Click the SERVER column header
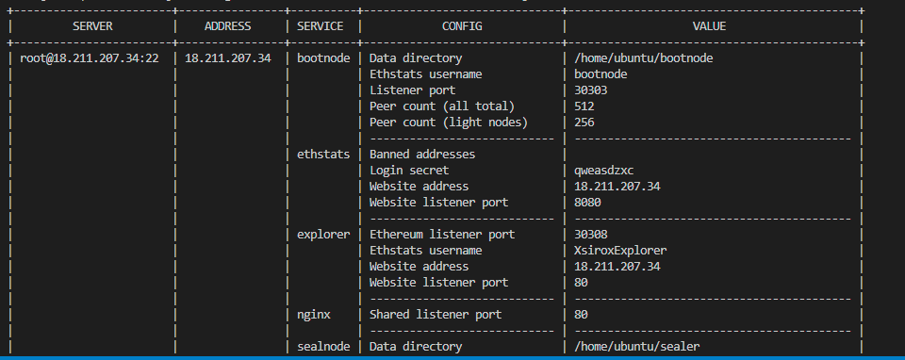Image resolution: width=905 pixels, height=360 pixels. (x=92, y=25)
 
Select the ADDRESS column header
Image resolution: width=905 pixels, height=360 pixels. (x=227, y=25)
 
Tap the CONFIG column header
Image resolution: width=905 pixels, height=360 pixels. (x=461, y=25)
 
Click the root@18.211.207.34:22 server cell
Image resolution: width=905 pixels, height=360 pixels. (x=89, y=57)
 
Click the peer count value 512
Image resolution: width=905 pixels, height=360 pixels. (x=584, y=106)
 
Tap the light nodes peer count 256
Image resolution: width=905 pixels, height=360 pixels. (x=584, y=122)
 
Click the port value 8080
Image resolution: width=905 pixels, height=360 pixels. (x=588, y=202)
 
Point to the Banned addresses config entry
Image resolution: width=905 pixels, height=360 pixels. (x=421, y=154)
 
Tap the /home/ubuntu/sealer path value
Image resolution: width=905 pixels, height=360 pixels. (x=636, y=346)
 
